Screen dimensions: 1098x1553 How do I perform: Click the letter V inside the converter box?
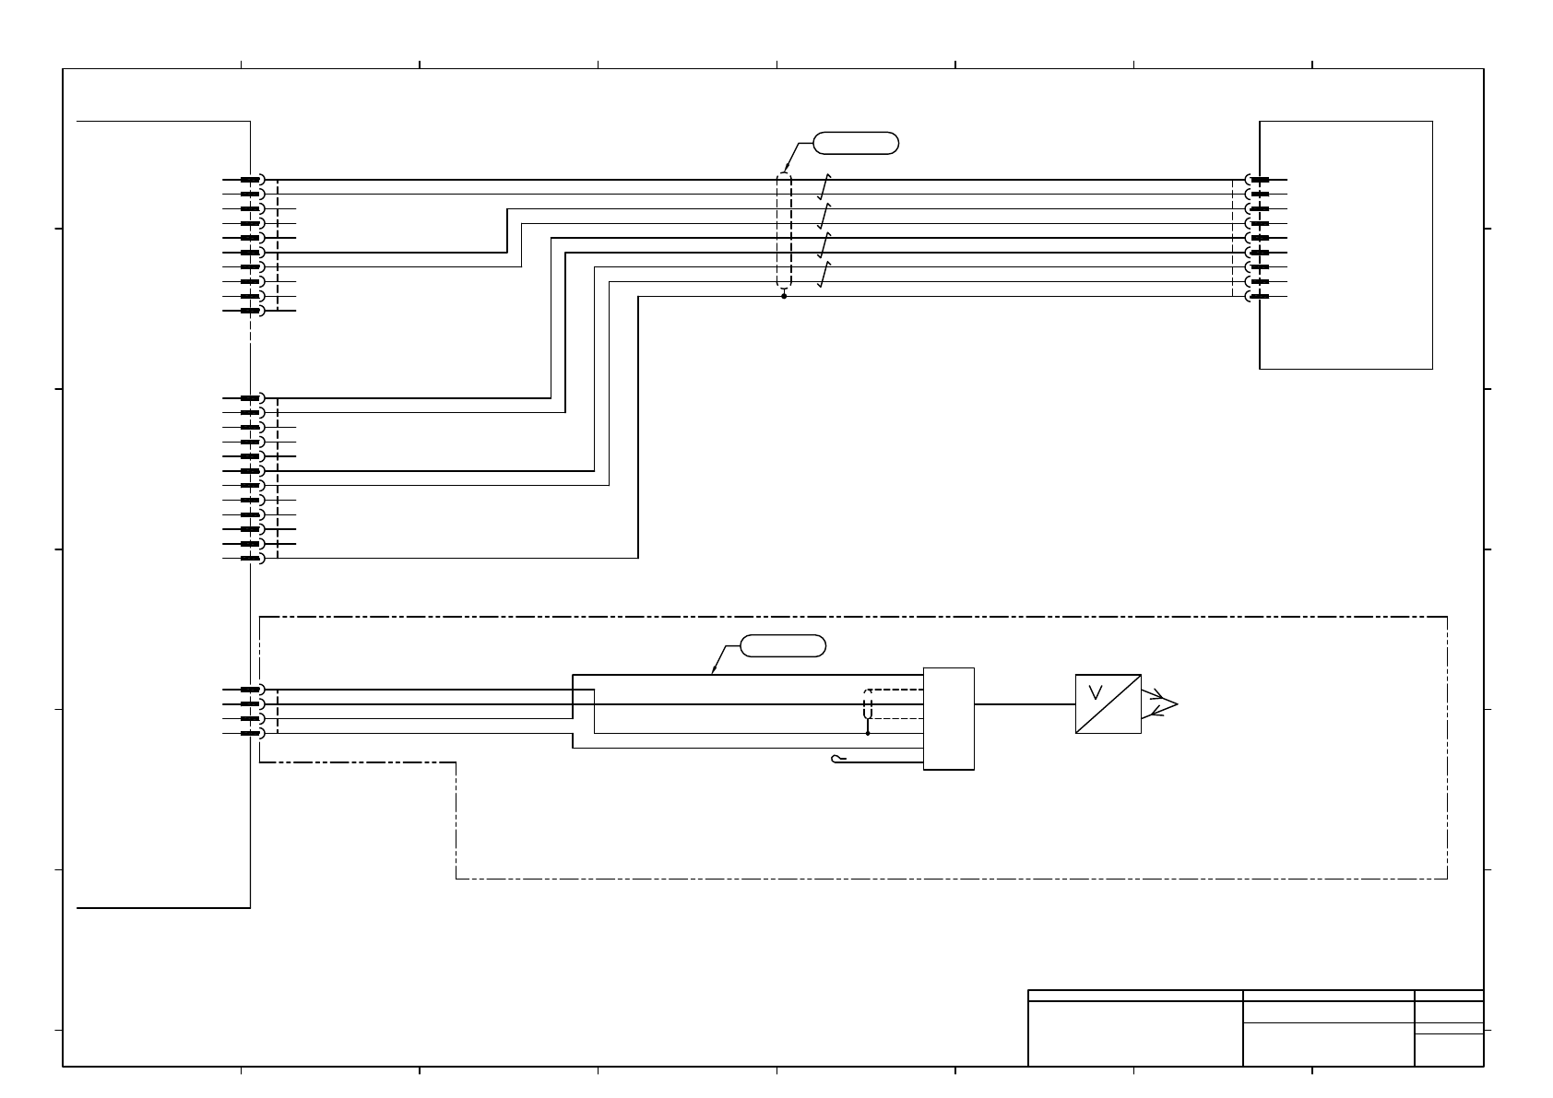point(1097,691)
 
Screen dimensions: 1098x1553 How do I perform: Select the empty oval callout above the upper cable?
point(855,143)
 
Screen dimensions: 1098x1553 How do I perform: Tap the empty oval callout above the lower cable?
point(783,646)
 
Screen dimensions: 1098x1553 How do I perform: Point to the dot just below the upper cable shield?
point(784,297)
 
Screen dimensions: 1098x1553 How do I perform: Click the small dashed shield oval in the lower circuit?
point(868,704)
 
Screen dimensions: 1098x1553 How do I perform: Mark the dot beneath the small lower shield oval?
point(868,734)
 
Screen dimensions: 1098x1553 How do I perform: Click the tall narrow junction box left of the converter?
point(948,718)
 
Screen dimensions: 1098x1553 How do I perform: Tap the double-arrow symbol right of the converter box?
point(1160,704)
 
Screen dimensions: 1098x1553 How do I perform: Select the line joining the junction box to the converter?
point(1025,704)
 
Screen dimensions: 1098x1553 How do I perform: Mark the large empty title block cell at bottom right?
point(1134,1033)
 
